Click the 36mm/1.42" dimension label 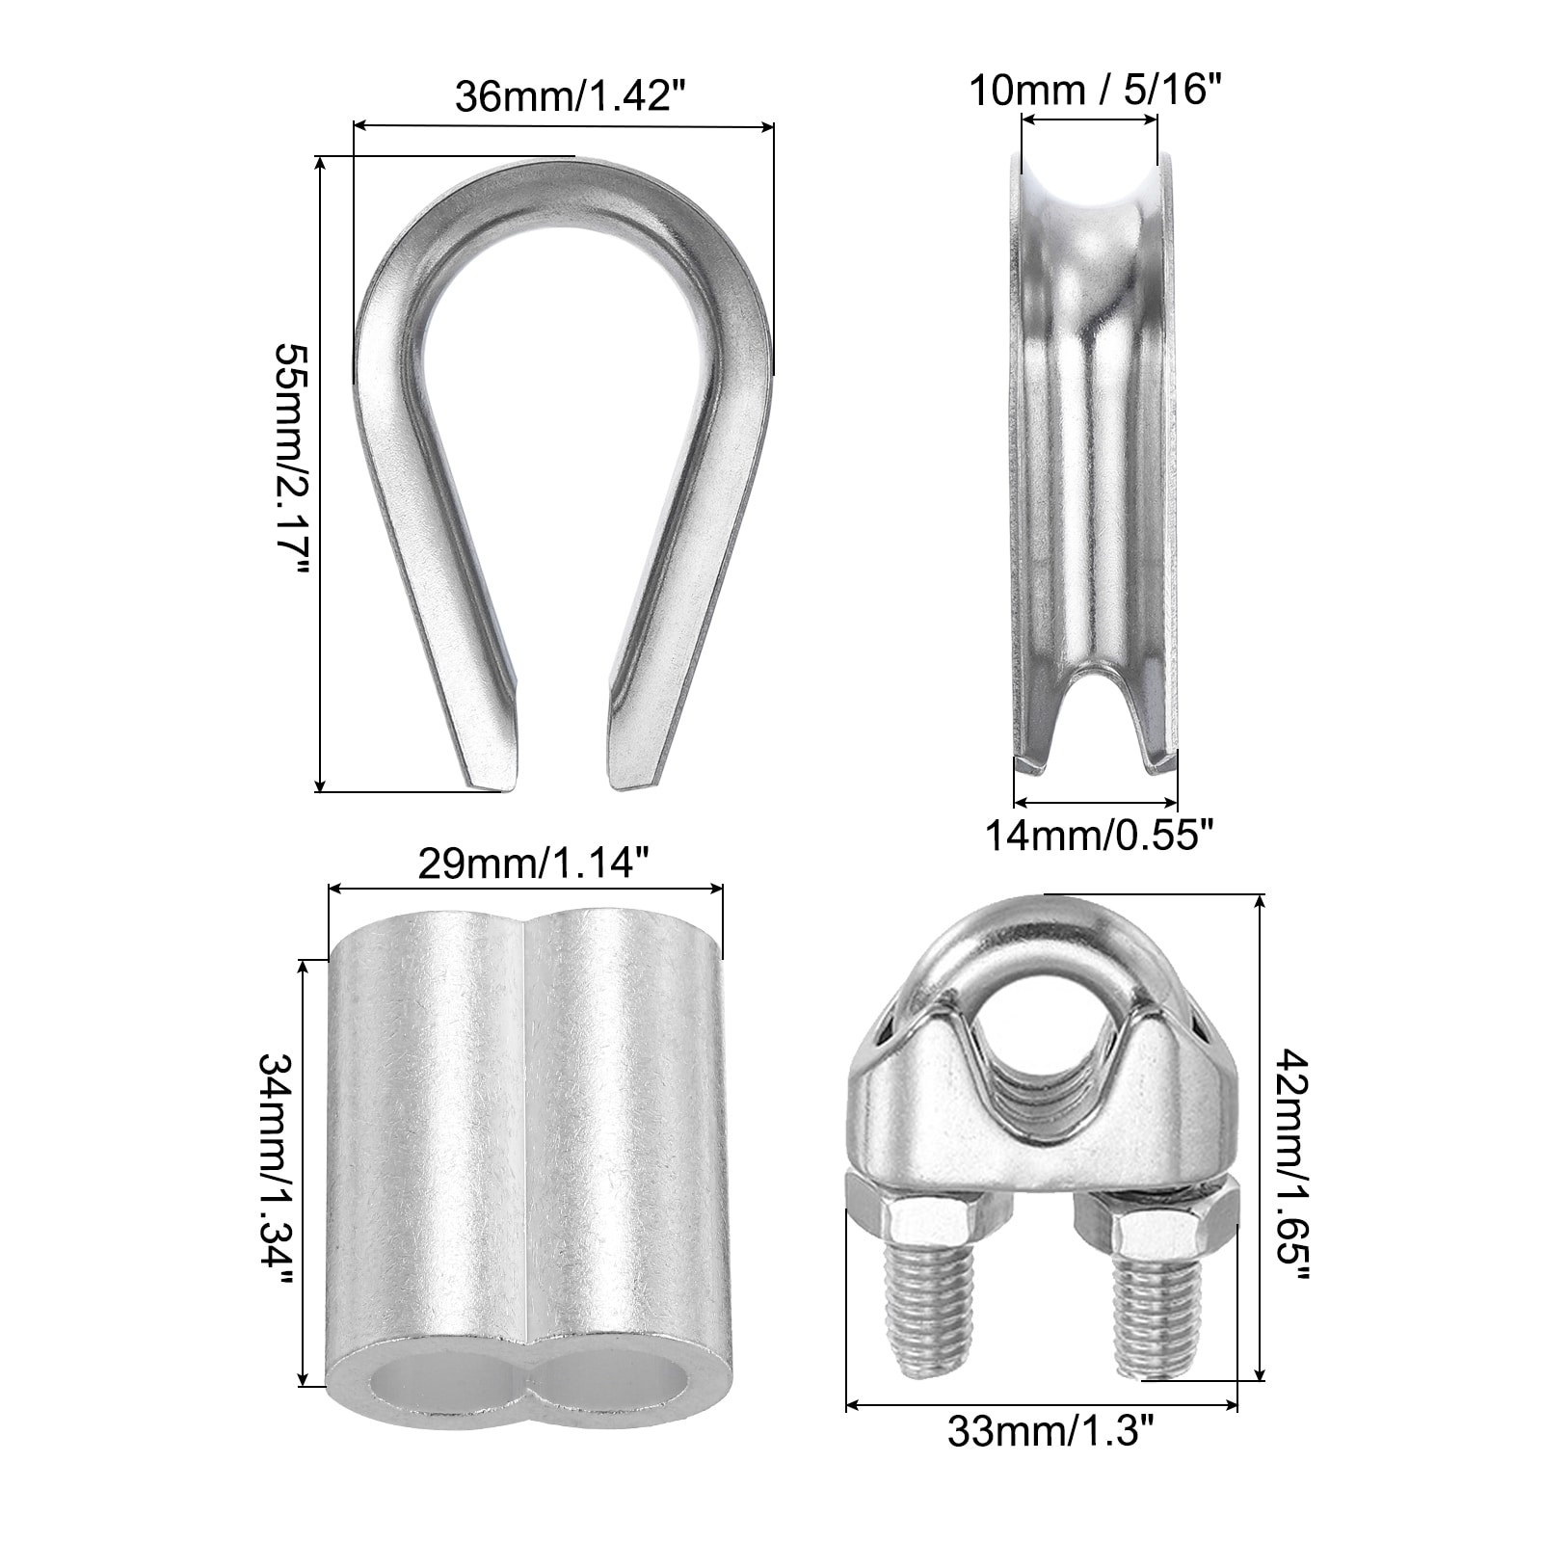[563, 97]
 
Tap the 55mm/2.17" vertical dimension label [291, 472]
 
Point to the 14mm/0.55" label [1095, 834]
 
